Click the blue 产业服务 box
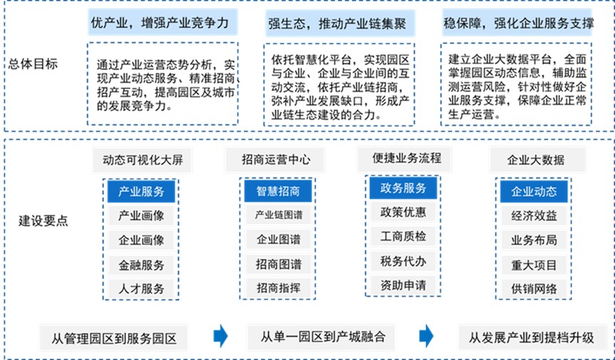141,191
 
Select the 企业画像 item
141,240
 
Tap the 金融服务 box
141,265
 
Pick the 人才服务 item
141,289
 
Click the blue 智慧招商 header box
278,191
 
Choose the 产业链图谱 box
279,215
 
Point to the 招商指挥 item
279,288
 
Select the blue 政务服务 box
403,188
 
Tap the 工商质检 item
403,236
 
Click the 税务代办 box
403,261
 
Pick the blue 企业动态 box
534,191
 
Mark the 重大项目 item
534,265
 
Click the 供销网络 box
534,289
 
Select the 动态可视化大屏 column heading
143,160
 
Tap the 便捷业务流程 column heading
405,159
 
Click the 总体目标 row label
33,63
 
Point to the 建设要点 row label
43,221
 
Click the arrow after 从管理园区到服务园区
220,336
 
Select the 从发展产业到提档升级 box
532,338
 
